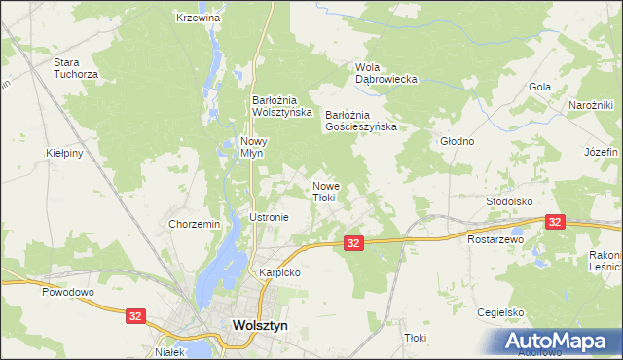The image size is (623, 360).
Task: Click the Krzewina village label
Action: coord(199,18)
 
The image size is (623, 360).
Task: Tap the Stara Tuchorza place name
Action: coord(77,67)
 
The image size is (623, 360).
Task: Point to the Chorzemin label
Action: coord(195,224)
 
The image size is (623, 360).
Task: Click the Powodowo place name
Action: coord(66,291)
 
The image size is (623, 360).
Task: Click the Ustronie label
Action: coord(270,217)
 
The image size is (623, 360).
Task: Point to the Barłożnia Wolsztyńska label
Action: coord(281,105)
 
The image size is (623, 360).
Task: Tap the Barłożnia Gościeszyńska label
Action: coord(362,120)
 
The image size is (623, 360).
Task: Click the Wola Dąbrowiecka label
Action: coord(386,73)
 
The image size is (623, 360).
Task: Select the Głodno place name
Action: coord(457,141)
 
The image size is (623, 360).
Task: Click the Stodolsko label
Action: coord(509,201)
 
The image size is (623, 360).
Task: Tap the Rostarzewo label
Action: coord(495,238)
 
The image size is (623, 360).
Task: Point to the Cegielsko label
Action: coord(500,312)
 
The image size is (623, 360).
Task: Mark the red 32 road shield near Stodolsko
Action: coord(555,222)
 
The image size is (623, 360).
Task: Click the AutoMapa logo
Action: coord(562,341)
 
